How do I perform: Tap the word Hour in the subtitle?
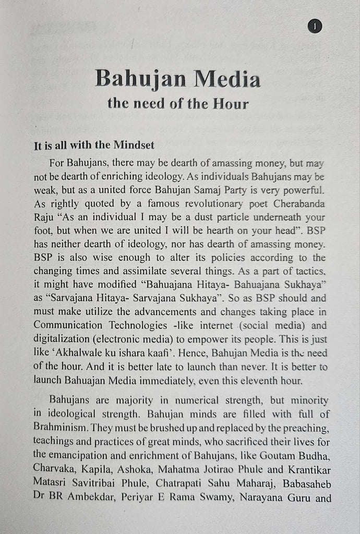point(230,103)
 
